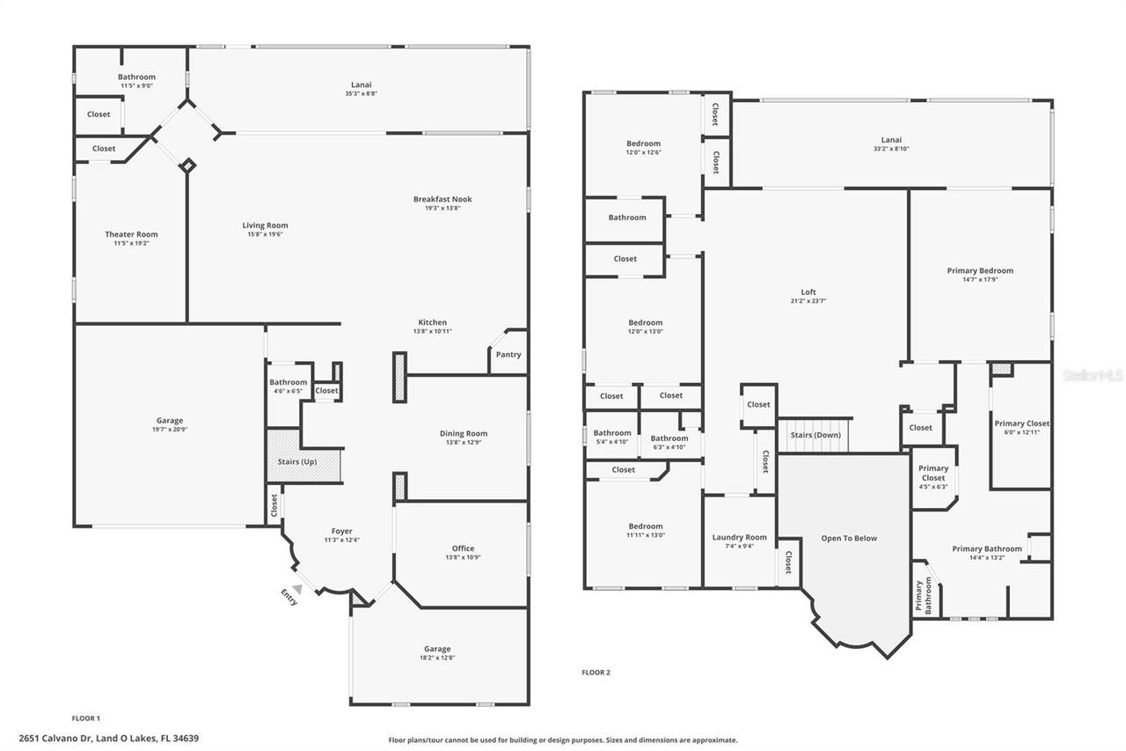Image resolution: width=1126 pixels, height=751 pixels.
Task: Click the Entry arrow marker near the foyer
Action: click(x=297, y=589)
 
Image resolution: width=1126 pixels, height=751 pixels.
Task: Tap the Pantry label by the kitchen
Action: click(x=508, y=355)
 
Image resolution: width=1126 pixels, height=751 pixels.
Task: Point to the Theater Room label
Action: click(x=131, y=234)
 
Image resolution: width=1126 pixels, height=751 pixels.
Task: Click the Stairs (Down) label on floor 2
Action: click(x=815, y=435)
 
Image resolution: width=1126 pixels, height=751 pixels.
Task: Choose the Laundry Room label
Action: click(x=739, y=537)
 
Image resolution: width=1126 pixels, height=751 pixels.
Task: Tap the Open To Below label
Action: click(x=849, y=538)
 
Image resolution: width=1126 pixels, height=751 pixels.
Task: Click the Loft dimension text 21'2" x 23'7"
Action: click(x=808, y=301)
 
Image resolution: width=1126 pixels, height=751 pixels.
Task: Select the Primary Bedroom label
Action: click(x=980, y=270)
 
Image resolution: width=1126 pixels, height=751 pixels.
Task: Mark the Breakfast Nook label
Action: click(x=442, y=199)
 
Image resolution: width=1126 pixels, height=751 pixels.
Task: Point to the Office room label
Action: click(x=463, y=548)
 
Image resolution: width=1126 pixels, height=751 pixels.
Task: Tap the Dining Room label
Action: click(x=463, y=433)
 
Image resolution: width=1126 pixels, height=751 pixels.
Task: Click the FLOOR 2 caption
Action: click(x=596, y=673)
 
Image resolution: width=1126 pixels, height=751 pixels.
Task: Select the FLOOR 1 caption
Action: click(x=86, y=718)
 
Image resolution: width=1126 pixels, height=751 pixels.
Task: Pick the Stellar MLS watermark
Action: click(x=1093, y=375)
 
